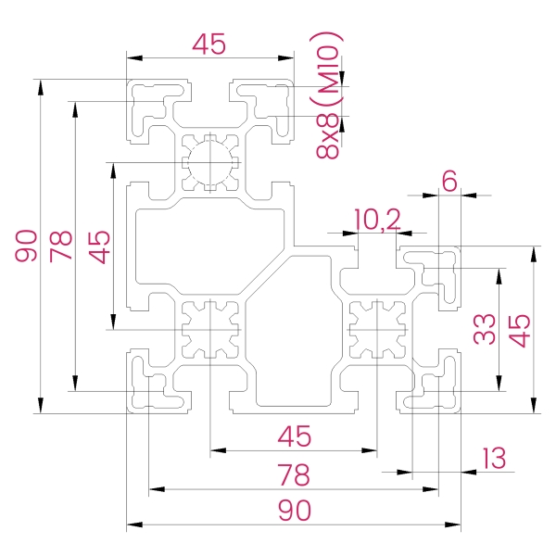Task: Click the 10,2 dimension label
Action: (377, 220)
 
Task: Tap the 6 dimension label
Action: (449, 181)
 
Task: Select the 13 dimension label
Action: (494, 458)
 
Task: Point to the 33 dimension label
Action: (484, 329)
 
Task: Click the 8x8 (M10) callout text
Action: (329, 95)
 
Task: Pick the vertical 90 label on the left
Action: (26, 246)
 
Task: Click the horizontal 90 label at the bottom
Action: (295, 511)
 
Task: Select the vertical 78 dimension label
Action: (61, 246)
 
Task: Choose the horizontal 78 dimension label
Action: (294, 474)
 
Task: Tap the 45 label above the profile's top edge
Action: (208, 44)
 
